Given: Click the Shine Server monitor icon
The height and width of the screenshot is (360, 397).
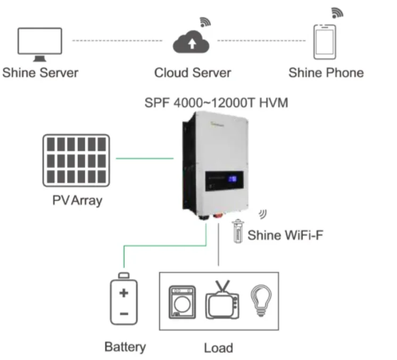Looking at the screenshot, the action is click(40, 44).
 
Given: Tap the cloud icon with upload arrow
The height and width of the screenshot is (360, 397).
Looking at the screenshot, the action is click(191, 42).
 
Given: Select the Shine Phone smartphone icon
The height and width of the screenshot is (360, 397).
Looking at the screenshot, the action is click(325, 42).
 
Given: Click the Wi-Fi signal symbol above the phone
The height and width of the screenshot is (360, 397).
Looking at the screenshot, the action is click(337, 13).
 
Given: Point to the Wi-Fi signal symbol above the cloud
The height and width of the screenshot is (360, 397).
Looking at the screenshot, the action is click(205, 22).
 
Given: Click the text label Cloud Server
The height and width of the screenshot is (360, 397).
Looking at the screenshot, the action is click(193, 73).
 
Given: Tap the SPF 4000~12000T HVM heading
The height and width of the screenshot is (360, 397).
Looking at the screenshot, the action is click(216, 103).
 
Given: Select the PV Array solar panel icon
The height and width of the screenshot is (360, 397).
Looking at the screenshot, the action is click(76, 161).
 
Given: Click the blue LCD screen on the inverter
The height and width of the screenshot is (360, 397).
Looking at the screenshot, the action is click(233, 179).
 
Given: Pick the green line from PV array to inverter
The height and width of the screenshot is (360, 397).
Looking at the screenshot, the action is click(145, 158).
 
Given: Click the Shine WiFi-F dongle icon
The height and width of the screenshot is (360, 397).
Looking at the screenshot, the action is click(238, 231).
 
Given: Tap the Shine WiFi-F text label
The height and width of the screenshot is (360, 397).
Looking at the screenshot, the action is click(285, 235).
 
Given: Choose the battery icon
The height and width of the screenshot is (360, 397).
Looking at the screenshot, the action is click(124, 298).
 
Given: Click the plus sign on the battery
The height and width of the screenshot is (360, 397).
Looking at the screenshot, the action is click(124, 293).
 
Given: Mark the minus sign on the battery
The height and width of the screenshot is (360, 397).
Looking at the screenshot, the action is click(124, 314).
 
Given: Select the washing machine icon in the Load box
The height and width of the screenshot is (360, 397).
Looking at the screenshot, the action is click(183, 302).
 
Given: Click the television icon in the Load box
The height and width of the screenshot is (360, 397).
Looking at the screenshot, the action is click(222, 300).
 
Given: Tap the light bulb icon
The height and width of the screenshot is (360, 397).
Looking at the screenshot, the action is click(261, 300).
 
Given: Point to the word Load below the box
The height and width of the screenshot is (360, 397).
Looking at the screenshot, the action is click(219, 348).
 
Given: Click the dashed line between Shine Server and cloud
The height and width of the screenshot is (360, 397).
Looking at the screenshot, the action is click(117, 40).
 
